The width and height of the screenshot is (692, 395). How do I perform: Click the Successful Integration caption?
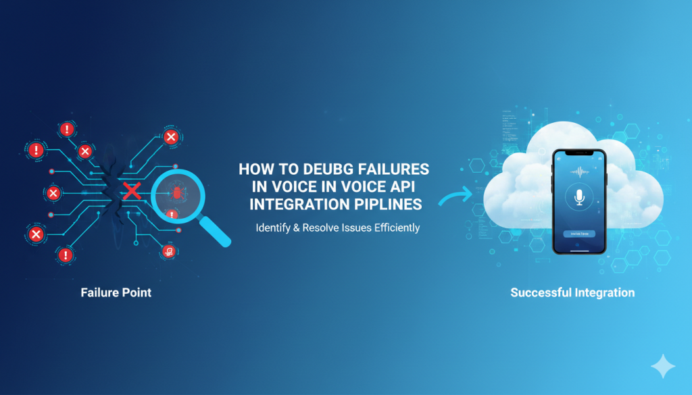(x=572, y=293)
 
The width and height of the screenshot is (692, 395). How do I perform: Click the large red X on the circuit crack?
(x=132, y=191)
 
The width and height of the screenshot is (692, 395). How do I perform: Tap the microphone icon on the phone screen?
(x=578, y=197)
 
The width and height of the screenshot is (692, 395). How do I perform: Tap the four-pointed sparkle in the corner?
(x=662, y=366)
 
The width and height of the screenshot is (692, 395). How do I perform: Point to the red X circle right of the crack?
(x=171, y=138)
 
